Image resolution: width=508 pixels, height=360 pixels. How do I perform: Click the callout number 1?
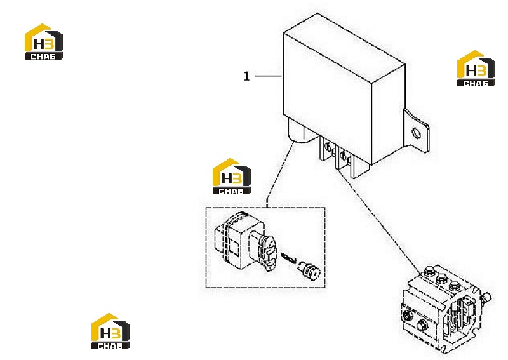(x=246, y=76)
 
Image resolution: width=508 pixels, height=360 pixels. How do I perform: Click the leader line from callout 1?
(x=268, y=76)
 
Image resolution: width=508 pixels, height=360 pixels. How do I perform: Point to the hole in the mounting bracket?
(x=416, y=133)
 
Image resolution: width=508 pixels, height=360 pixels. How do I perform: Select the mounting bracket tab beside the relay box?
(x=416, y=131)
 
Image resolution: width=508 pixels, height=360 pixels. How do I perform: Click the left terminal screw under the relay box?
(x=328, y=147)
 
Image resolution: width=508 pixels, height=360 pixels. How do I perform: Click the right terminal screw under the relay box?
(x=344, y=156)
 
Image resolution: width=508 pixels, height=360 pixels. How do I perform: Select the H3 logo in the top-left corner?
(x=44, y=42)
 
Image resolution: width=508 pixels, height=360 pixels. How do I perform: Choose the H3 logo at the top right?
(x=476, y=69)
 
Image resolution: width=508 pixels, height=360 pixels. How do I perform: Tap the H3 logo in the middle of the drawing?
(x=231, y=177)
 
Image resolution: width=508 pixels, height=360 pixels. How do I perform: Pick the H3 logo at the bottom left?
(x=110, y=331)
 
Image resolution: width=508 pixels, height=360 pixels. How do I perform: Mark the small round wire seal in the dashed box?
(x=309, y=270)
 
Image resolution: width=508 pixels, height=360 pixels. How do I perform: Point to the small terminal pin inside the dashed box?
(x=289, y=258)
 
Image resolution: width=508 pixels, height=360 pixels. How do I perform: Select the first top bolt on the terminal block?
(x=429, y=271)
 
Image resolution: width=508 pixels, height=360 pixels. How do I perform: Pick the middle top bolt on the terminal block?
(x=442, y=279)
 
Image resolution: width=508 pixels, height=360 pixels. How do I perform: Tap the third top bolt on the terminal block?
(x=454, y=286)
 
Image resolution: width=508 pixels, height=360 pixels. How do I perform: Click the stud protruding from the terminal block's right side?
(x=486, y=297)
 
